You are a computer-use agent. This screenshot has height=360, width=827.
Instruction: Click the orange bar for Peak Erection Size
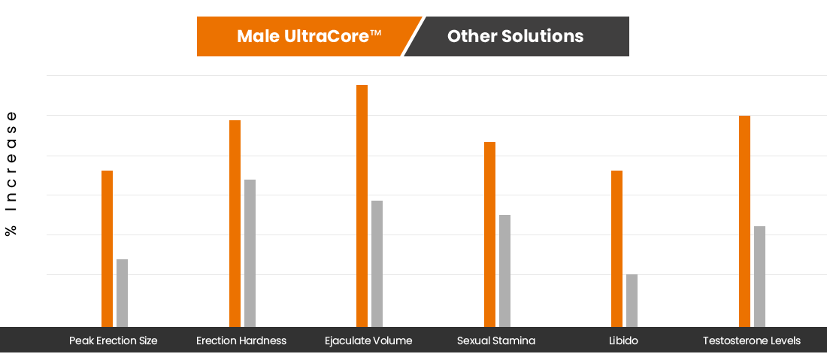(107, 249)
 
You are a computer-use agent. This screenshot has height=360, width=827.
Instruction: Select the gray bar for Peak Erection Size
(123, 293)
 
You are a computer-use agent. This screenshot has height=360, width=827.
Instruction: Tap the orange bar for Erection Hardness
(235, 223)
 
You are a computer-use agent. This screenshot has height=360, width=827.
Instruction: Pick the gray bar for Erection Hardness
(250, 253)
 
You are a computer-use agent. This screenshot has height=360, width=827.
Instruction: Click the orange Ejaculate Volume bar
(362, 206)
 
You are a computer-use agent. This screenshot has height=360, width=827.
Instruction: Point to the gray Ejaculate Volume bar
(377, 264)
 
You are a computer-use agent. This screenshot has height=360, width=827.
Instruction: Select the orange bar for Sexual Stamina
(490, 234)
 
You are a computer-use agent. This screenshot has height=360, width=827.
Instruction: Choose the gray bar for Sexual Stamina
(504, 271)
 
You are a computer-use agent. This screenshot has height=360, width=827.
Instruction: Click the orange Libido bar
(617, 249)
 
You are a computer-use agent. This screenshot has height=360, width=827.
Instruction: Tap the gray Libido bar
(632, 301)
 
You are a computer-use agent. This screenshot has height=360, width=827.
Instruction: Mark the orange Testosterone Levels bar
(745, 222)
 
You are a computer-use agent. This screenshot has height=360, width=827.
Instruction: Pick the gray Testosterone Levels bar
(759, 277)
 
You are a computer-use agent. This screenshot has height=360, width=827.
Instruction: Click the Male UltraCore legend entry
(308, 36)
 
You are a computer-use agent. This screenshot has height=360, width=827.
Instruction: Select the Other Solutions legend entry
(516, 36)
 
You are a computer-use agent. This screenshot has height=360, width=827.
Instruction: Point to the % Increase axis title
(11, 174)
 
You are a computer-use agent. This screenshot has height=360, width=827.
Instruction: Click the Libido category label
(623, 341)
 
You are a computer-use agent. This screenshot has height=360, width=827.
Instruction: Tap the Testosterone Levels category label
(752, 341)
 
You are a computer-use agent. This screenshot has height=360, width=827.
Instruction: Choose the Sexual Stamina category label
(496, 341)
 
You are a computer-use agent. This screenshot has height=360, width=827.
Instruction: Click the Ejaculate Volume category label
(368, 341)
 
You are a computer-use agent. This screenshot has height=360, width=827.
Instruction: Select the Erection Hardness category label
(241, 341)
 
